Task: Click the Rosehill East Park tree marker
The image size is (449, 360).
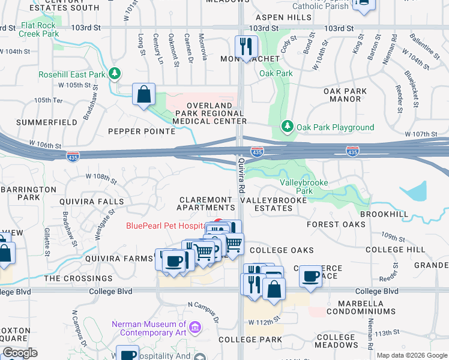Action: tap(115, 74)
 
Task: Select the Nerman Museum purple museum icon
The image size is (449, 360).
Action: tap(194, 328)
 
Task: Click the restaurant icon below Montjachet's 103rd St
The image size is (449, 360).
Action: tap(246, 46)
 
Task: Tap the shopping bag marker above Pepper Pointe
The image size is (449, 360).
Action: tap(143, 95)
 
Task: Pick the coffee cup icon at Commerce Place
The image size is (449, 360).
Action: tap(310, 276)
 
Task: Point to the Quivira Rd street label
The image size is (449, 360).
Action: tap(242, 175)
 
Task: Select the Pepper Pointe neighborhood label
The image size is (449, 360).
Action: tap(133, 131)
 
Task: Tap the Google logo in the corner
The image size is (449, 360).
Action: tap(20, 353)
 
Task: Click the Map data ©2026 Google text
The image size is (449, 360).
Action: tap(411, 355)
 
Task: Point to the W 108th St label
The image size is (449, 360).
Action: tap(101, 177)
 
